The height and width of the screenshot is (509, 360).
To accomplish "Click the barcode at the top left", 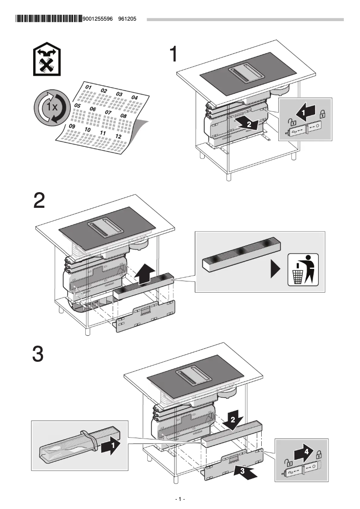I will click(x=48, y=19).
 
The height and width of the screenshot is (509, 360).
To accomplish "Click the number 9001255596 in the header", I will click(x=99, y=19).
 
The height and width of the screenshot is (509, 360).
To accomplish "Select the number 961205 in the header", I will click(x=127, y=19).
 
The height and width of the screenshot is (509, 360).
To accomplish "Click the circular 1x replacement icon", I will click(x=50, y=107).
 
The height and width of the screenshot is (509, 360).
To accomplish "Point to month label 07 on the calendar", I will click(x=108, y=112).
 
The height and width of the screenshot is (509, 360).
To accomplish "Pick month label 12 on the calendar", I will click(x=119, y=136).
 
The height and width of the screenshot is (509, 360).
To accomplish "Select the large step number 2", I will click(x=40, y=201).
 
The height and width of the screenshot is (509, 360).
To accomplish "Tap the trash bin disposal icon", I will click(x=303, y=269).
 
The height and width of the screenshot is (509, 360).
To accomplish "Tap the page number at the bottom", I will click(x=180, y=499).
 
